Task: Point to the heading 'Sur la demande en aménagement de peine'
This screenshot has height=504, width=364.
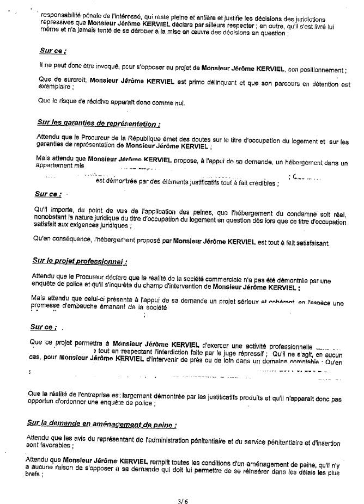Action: point(99,423)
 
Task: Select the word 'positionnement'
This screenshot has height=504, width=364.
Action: point(320,70)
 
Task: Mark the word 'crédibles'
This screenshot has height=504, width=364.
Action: point(259,183)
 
